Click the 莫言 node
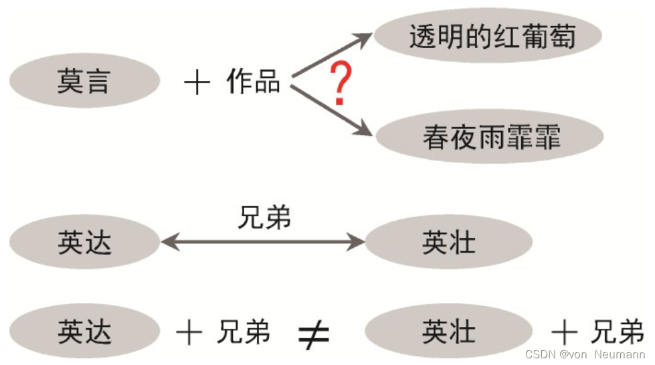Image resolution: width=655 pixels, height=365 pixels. click(x=84, y=82)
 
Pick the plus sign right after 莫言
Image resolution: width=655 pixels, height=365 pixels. click(x=197, y=83)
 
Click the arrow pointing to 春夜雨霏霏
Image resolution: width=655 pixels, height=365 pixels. click(x=331, y=111)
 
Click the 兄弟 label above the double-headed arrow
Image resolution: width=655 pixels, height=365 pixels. click(x=265, y=219)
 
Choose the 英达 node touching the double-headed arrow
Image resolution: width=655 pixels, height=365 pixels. click(x=84, y=242)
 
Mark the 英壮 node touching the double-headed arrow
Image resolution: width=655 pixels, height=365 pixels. click(x=448, y=242)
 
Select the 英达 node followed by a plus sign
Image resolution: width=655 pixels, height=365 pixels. click(x=84, y=332)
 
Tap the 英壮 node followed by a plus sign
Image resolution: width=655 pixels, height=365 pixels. click(x=448, y=332)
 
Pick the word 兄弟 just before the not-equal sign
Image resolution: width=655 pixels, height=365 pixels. click(x=244, y=332)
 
